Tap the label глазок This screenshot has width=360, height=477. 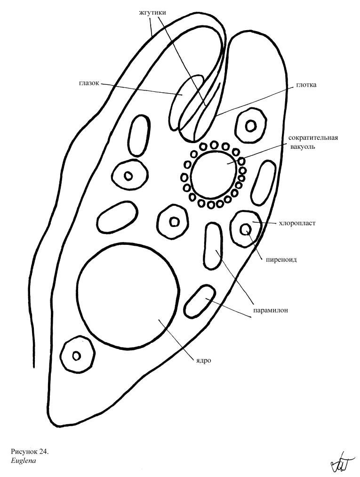(x=89, y=84)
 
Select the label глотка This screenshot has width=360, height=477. (x=306, y=85)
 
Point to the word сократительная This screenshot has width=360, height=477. (x=313, y=138)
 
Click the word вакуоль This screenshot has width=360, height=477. (x=303, y=146)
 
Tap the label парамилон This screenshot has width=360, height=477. (x=270, y=310)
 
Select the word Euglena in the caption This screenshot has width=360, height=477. (x=20, y=461)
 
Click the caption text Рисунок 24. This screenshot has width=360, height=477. (x=30, y=452)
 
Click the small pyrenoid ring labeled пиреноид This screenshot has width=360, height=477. (x=246, y=229)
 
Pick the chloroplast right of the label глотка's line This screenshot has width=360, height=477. (x=251, y=126)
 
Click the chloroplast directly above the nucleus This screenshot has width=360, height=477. (x=174, y=221)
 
